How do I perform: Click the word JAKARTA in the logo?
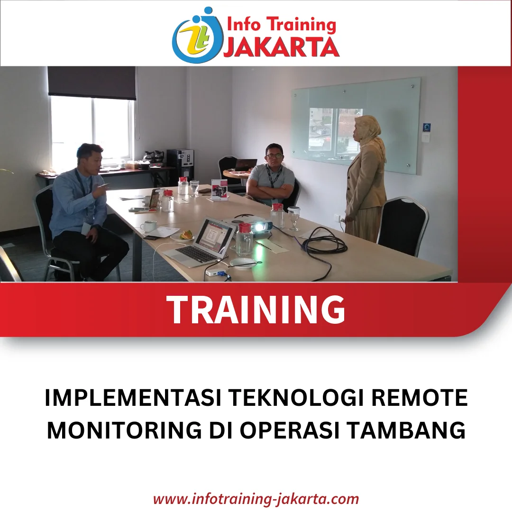tap(281, 48)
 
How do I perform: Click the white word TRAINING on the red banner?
tap(256, 309)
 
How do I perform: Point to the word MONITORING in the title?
tap(124, 430)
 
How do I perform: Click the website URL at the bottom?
tap(256, 499)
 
